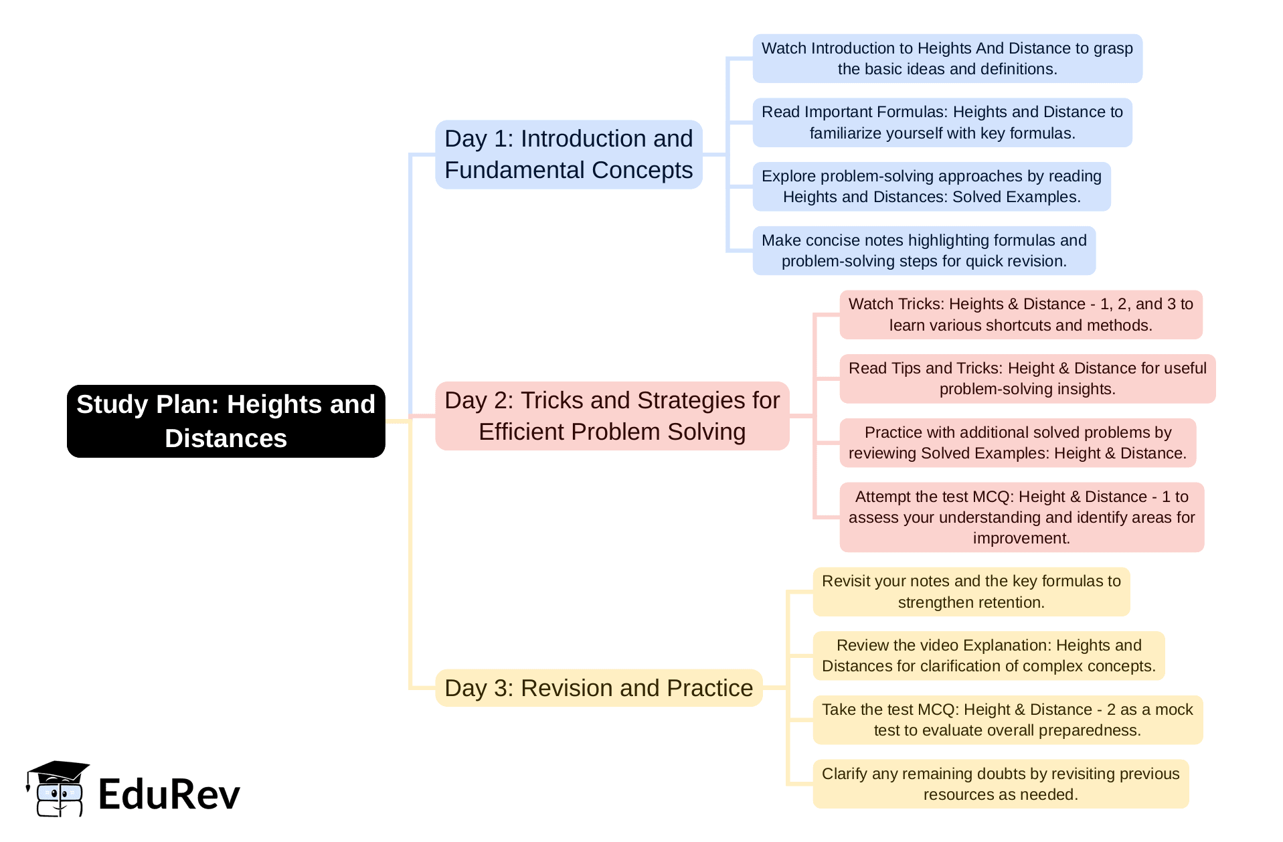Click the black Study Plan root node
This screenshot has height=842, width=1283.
(226, 421)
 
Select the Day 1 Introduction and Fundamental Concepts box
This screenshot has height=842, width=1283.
(568, 155)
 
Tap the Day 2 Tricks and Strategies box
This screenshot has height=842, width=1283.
(612, 416)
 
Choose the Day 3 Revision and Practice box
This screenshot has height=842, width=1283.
(598, 688)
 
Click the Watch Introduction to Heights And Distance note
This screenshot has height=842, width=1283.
(947, 59)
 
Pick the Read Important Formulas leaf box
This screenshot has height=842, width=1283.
(942, 122)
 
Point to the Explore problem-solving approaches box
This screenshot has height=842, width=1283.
(931, 187)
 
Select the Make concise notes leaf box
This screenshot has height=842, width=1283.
(924, 250)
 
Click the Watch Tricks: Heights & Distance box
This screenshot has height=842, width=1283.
(1021, 315)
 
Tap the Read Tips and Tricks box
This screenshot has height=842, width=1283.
(1027, 379)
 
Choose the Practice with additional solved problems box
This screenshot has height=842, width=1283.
(1017, 442)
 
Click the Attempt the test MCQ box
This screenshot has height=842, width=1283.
(1021, 517)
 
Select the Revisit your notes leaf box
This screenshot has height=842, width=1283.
(971, 592)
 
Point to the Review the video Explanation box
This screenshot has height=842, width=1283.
(989, 656)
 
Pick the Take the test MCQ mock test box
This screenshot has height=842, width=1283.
(1007, 720)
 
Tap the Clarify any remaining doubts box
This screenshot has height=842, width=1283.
(1001, 784)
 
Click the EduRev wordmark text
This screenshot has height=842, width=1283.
(169, 794)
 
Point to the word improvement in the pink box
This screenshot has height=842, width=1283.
(1021, 539)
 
